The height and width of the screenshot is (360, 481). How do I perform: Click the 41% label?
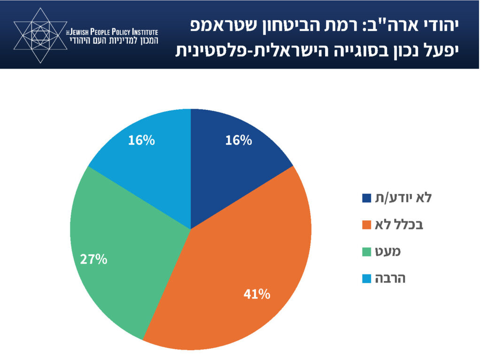256,295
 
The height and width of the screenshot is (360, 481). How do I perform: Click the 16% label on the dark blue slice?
239,140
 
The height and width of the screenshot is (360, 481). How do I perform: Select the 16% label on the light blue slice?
141,140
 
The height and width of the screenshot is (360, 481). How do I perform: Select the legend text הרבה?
390,278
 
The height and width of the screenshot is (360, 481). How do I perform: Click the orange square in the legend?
367,225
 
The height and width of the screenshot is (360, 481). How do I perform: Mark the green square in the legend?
367,252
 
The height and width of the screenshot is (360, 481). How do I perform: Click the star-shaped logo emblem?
38,35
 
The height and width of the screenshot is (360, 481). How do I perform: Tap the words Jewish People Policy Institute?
113,31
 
